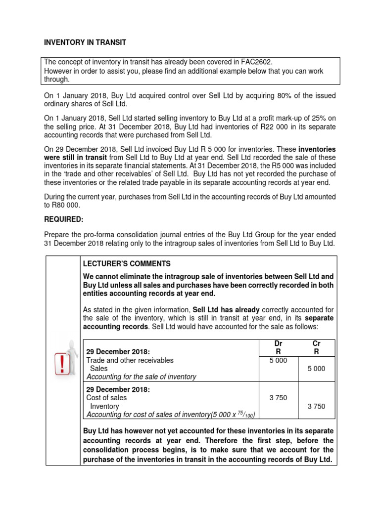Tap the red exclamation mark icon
[x=62, y=366]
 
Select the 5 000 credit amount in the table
[x=316, y=369]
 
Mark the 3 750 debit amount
[x=278, y=398]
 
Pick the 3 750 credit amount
[x=316, y=406]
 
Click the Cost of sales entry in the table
[x=106, y=398]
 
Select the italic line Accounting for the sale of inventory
[x=141, y=377]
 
